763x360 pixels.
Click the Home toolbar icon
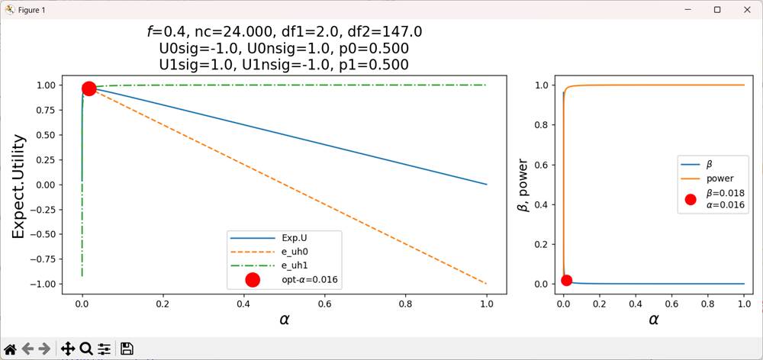[x=10, y=349]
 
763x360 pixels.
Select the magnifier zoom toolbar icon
[x=85, y=349]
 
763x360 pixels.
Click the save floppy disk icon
[x=127, y=349]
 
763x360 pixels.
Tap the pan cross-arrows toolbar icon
[x=67, y=349]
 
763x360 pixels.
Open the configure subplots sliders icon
[x=105, y=349]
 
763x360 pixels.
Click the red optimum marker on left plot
[x=89, y=88]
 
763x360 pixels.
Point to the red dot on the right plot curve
[x=566, y=280]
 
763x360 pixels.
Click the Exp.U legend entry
[x=283, y=236]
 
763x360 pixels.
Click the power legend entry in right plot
[x=720, y=178]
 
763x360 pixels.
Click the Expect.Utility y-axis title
[x=19, y=186]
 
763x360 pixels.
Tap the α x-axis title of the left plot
[x=284, y=320]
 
